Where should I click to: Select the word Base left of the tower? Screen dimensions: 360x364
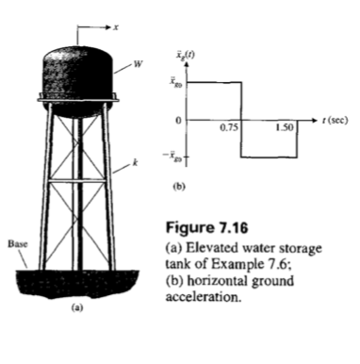(16, 243)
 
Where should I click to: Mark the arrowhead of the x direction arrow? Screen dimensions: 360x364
(105, 30)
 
